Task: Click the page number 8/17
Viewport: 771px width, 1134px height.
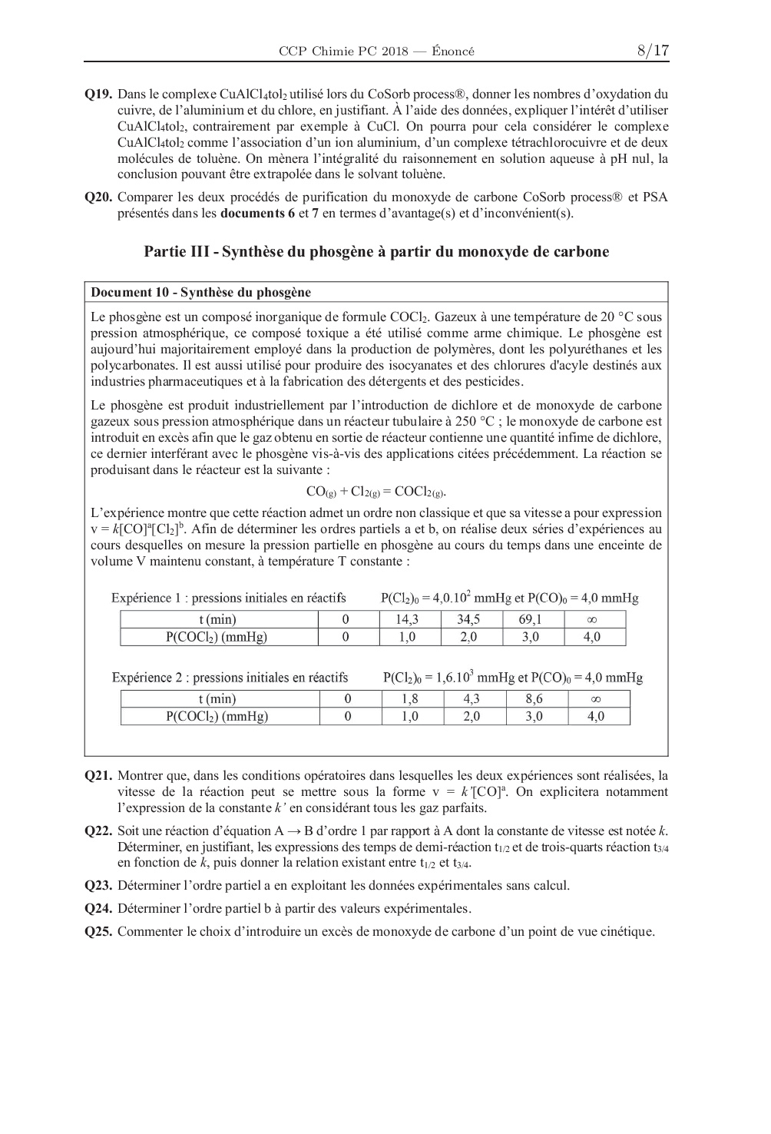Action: pos(653,51)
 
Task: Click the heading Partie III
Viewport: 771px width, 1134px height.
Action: pos(376,252)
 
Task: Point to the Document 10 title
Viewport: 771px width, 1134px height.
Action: pos(200,292)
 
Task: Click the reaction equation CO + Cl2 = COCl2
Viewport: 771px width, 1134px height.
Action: pos(376,492)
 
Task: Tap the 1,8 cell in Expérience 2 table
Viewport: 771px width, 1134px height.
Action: pos(410,699)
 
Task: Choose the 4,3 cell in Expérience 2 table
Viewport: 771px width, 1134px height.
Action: pos(472,699)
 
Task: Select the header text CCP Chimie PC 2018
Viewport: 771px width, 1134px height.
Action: pos(342,51)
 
